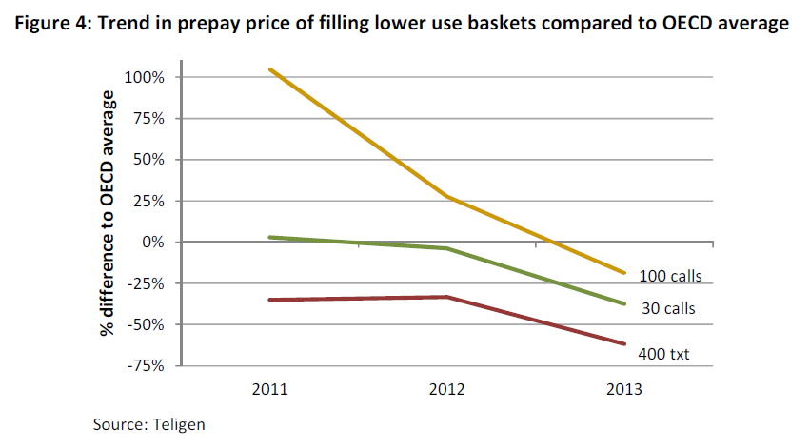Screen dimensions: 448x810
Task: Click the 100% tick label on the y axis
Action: pyautogui.click(x=146, y=77)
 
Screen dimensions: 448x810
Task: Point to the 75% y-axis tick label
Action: pyautogui.click(x=149, y=119)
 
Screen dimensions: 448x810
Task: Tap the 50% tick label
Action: pyautogui.click(x=149, y=160)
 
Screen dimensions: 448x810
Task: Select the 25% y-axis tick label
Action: pyautogui.click(x=149, y=201)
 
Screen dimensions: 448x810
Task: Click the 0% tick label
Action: pyautogui.click(x=153, y=243)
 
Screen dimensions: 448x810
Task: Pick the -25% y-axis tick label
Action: pyautogui.click(x=148, y=283)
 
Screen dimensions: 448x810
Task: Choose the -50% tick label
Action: pyautogui.click(x=148, y=324)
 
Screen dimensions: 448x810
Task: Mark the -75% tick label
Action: pyautogui.click(x=148, y=365)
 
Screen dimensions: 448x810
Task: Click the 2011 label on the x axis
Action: pyautogui.click(x=270, y=389)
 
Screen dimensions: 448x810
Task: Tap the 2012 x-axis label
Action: pyautogui.click(x=447, y=389)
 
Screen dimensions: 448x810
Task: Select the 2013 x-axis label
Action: pyautogui.click(x=624, y=389)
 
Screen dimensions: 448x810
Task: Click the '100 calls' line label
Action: pyautogui.click(x=669, y=277)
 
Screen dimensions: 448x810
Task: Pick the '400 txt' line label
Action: pyautogui.click(x=663, y=355)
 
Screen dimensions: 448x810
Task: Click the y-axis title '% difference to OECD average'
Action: pyautogui.click(x=108, y=214)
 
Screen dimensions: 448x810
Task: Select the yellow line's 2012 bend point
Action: pyautogui.click(x=447, y=197)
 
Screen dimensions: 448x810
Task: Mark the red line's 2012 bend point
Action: pyautogui.click(x=447, y=297)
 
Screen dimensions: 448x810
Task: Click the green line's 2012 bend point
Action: pyautogui.click(x=447, y=248)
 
